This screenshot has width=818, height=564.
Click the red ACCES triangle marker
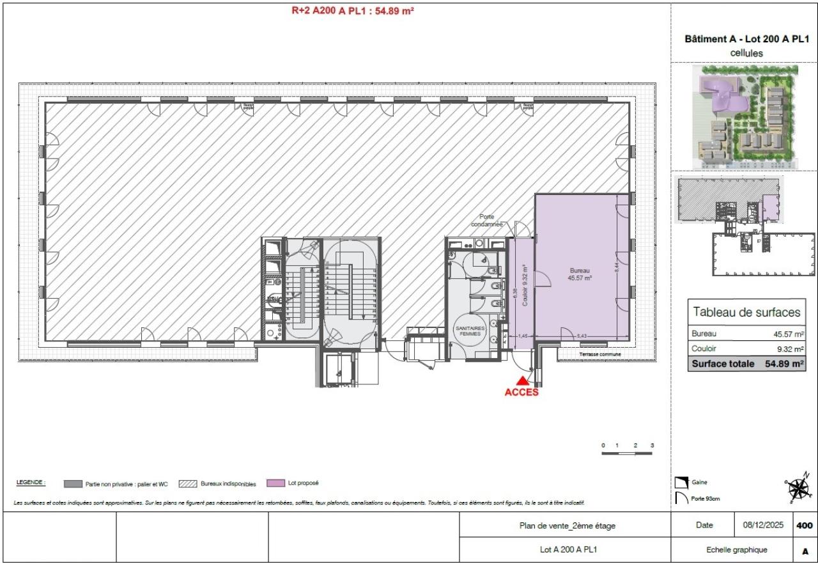tap(521, 382)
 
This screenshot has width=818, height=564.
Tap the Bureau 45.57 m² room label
tap(580, 274)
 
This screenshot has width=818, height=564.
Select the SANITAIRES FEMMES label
tap(470, 331)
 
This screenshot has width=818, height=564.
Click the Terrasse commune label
tap(599, 354)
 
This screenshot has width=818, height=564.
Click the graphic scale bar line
tap(627, 453)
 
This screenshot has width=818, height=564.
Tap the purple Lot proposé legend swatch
tap(275, 483)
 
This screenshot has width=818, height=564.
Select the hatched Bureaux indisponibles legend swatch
tap(188, 484)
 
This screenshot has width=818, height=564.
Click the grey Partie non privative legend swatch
tap(73, 484)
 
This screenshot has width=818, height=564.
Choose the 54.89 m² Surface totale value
tap(783, 364)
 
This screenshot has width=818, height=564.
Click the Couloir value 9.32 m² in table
tap(790, 349)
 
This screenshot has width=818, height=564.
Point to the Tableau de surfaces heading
tap(746, 312)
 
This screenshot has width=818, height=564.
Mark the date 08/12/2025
tap(763, 526)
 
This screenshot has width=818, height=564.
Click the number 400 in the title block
tap(805, 526)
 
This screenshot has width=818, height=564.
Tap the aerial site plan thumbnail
tap(745, 117)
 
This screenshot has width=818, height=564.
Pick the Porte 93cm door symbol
tap(682, 499)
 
